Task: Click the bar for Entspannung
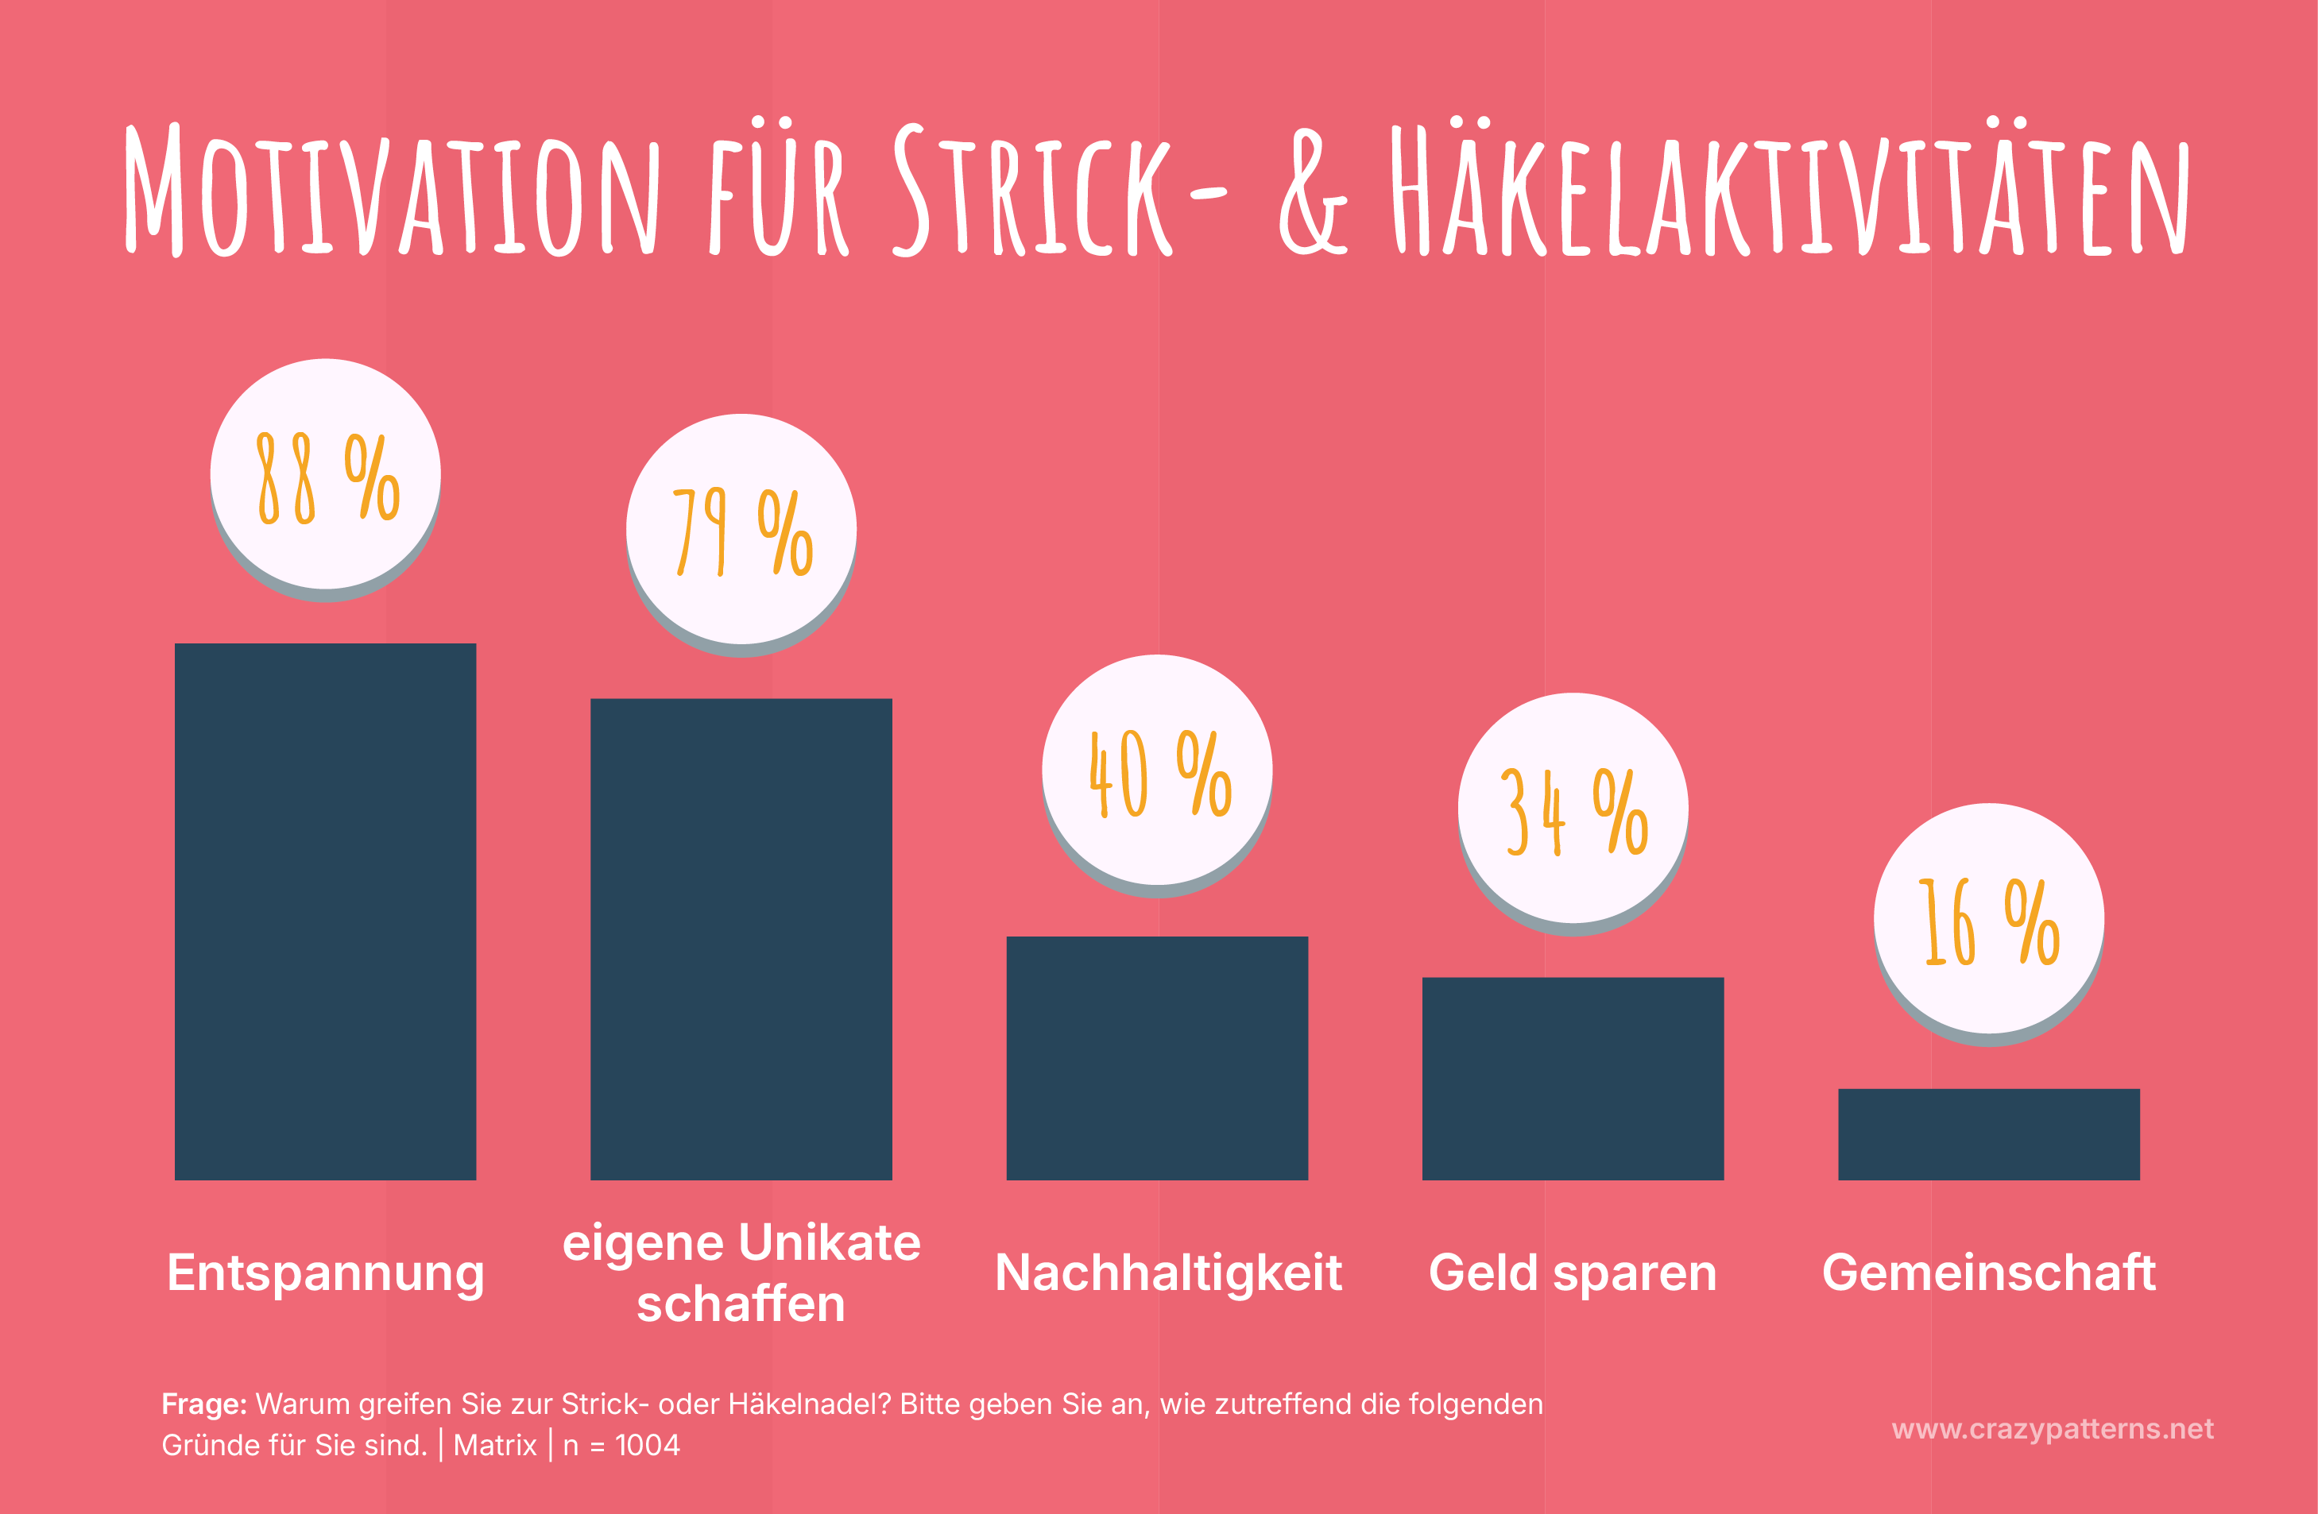[325, 910]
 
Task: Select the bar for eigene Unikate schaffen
[741, 939]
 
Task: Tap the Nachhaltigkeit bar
[1157, 1057]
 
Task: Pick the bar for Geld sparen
[1573, 1078]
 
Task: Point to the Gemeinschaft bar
[1989, 1134]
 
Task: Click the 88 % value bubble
[325, 475]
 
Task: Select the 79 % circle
[741, 530]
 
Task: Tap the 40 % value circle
[1157, 771]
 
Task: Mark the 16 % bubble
[1989, 919]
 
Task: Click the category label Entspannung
[325, 1273]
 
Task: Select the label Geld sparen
[1572, 1273]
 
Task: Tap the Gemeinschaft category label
[1989, 1273]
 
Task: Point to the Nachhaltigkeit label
[1168, 1273]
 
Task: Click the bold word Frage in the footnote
[203, 1404]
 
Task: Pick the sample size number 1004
[648, 1445]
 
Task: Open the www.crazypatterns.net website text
[2052, 1428]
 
